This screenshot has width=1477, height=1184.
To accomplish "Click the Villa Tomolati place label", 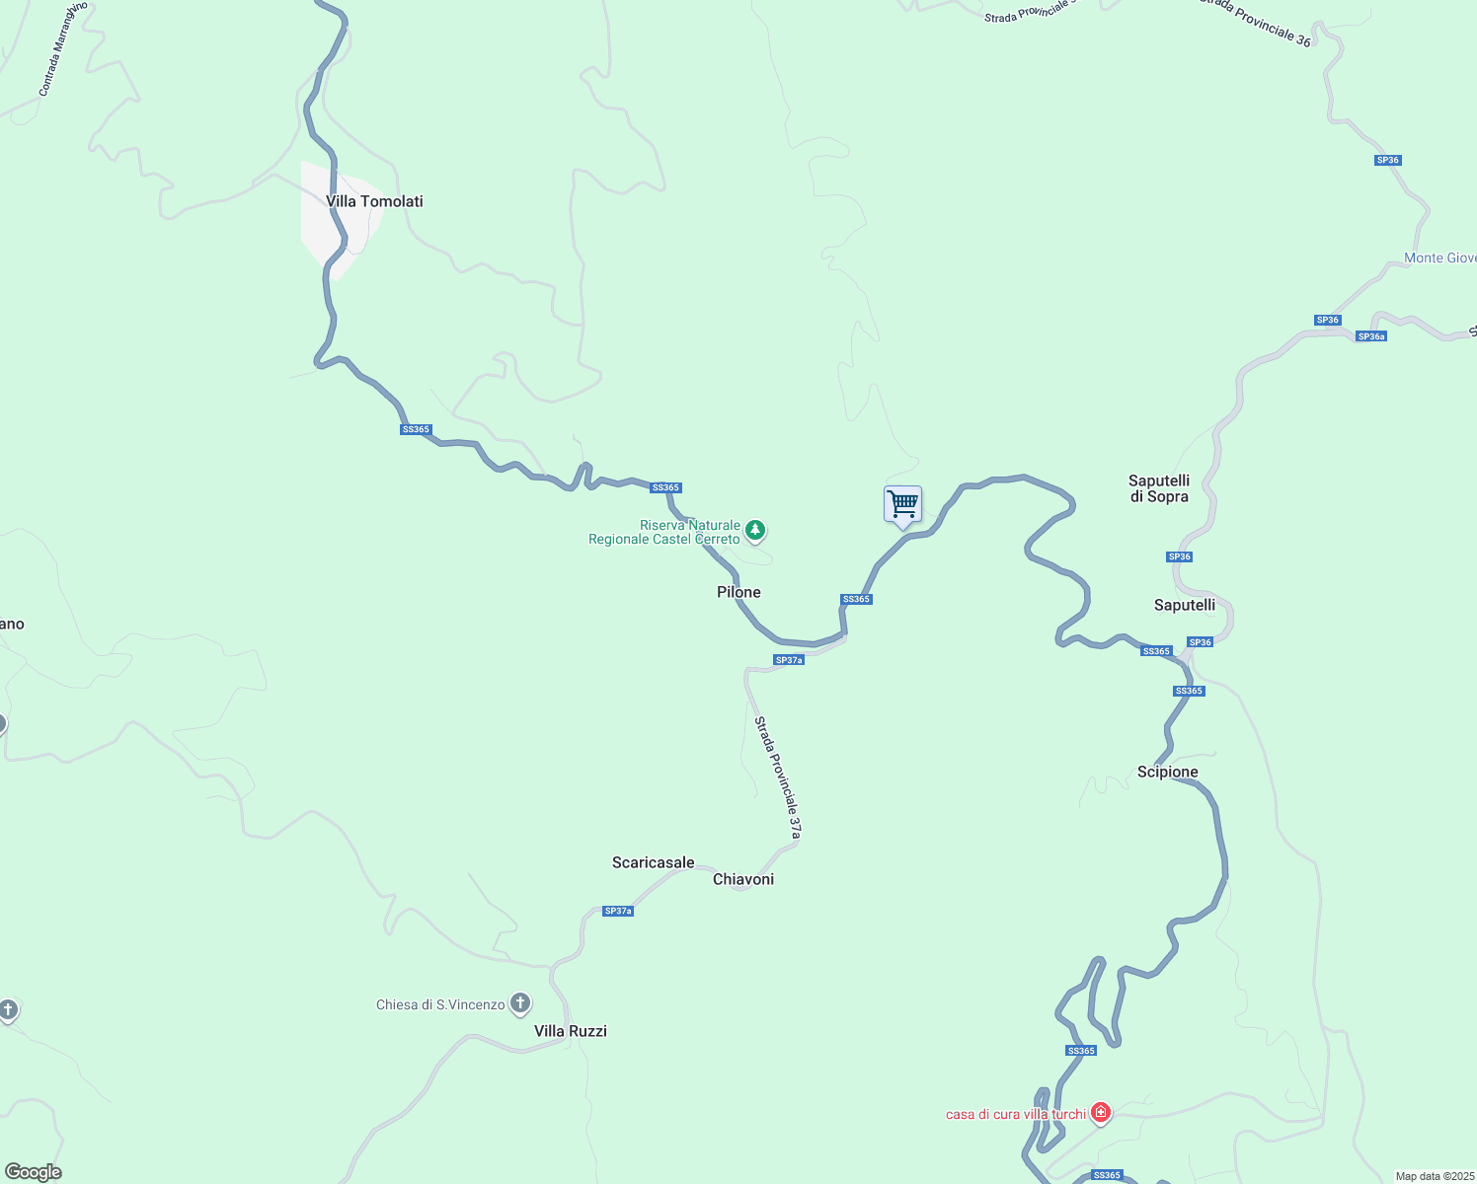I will [x=374, y=201].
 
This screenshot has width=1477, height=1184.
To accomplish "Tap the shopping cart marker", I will [x=902, y=505].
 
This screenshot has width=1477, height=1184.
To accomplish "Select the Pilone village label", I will [x=738, y=592].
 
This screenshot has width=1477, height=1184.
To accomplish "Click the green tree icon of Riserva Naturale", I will [x=755, y=531].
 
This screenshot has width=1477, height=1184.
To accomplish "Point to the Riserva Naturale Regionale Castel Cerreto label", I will [x=664, y=533].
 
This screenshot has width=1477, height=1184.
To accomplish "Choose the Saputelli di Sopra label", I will [x=1159, y=488].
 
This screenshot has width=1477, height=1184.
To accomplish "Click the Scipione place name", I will [x=1167, y=772].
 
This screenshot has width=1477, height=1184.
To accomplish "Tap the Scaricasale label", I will [x=653, y=862].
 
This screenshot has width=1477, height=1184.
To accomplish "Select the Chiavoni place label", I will [x=743, y=879].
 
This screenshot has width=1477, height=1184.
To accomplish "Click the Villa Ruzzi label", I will [x=571, y=1031].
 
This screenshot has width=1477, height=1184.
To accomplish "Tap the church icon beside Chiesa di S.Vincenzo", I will [x=520, y=1004].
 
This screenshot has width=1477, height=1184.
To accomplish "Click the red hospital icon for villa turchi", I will [x=1101, y=1113].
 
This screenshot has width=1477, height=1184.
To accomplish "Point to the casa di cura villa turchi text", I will [x=1015, y=1115].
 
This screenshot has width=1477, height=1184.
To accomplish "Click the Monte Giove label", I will [x=1439, y=259].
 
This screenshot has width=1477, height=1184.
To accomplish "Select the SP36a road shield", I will [x=1371, y=336].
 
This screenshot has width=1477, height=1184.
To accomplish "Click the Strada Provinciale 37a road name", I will [x=778, y=778].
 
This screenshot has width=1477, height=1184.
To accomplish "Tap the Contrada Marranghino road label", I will [x=62, y=49].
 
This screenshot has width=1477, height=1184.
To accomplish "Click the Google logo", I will [x=34, y=1172].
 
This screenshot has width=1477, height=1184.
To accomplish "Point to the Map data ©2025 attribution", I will [x=1434, y=1176].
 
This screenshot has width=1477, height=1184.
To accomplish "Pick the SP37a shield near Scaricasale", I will [x=618, y=911].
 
